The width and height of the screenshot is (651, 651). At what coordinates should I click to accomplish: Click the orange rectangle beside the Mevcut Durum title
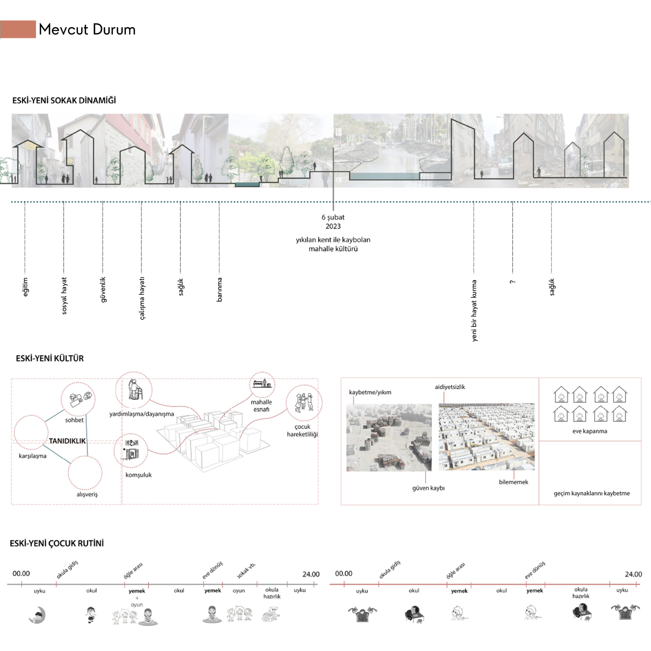click(18, 29)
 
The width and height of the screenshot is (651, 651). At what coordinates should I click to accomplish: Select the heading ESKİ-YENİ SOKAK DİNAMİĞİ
click(64, 100)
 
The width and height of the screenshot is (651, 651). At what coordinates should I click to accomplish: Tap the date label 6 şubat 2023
click(333, 222)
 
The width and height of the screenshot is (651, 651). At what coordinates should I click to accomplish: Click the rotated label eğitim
click(25, 287)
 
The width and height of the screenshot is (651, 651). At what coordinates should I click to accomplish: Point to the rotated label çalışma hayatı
click(142, 298)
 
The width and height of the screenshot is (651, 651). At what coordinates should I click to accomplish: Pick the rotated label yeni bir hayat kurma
click(474, 310)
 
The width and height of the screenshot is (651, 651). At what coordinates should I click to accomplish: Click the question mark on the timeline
click(512, 282)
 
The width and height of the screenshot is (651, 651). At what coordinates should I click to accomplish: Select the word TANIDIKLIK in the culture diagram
click(67, 441)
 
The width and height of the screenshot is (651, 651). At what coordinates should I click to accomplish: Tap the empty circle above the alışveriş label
click(85, 472)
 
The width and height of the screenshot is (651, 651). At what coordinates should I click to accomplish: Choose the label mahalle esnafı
click(261, 406)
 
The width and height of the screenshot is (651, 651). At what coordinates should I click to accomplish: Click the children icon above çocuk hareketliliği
click(304, 403)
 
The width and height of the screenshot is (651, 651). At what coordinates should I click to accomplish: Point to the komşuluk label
click(138, 475)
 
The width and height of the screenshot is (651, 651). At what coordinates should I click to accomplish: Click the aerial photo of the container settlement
click(486, 437)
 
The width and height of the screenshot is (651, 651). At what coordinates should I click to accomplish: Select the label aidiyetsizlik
click(450, 387)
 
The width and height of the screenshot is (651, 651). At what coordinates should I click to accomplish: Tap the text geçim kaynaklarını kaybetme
click(591, 493)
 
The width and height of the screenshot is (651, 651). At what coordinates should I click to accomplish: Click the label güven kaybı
click(428, 488)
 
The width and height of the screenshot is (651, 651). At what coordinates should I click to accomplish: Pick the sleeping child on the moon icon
click(38, 615)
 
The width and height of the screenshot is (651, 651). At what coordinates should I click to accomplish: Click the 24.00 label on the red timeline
click(633, 574)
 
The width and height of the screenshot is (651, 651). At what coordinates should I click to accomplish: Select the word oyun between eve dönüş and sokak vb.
click(239, 590)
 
